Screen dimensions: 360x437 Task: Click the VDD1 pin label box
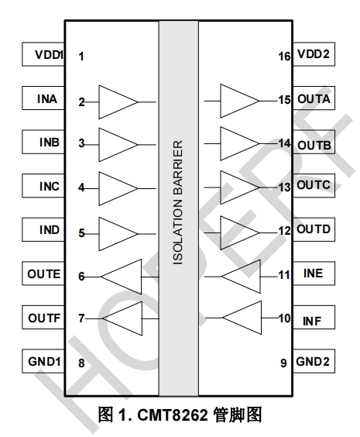tap(43, 54)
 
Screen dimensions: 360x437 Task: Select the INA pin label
tap(47, 99)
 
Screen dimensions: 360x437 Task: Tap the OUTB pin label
tap(314, 145)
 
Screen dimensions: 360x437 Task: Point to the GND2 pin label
tap(313, 362)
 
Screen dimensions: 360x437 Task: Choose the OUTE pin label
tap(43, 274)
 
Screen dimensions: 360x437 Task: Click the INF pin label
tap(312, 321)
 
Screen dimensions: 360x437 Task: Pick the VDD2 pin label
tap(314, 53)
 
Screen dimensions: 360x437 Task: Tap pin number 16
tap(284, 57)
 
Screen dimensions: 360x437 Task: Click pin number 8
tap(81, 363)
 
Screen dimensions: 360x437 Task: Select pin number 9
tap(283, 363)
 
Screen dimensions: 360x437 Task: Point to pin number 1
tap(81, 57)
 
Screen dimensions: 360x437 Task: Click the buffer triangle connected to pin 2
tap(118, 102)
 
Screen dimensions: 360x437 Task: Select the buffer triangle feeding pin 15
tap(240, 101)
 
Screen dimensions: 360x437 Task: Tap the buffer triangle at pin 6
tap(121, 277)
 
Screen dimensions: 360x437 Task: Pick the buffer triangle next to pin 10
tap(242, 318)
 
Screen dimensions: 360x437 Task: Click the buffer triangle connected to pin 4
tap(118, 189)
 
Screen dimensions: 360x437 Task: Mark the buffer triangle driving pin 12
tap(240, 232)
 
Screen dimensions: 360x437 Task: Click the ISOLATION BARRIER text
tap(178, 202)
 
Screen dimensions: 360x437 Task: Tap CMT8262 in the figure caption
tap(173, 415)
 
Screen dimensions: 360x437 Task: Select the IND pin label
tap(50, 230)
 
